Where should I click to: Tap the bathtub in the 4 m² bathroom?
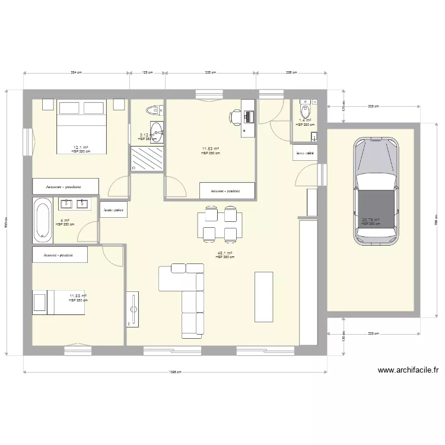[x=42, y=220]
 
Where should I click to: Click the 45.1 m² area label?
[x=225, y=253]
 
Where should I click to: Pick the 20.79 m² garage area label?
[x=371, y=220]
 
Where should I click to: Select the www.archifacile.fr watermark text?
[x=408, y=370]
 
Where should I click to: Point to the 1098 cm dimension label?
[x=174, y=372]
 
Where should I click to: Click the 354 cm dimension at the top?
[x=76, y=72]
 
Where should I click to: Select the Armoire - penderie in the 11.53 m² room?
[x=227, y=191]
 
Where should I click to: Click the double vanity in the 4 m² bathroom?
[x=74, y=205]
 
